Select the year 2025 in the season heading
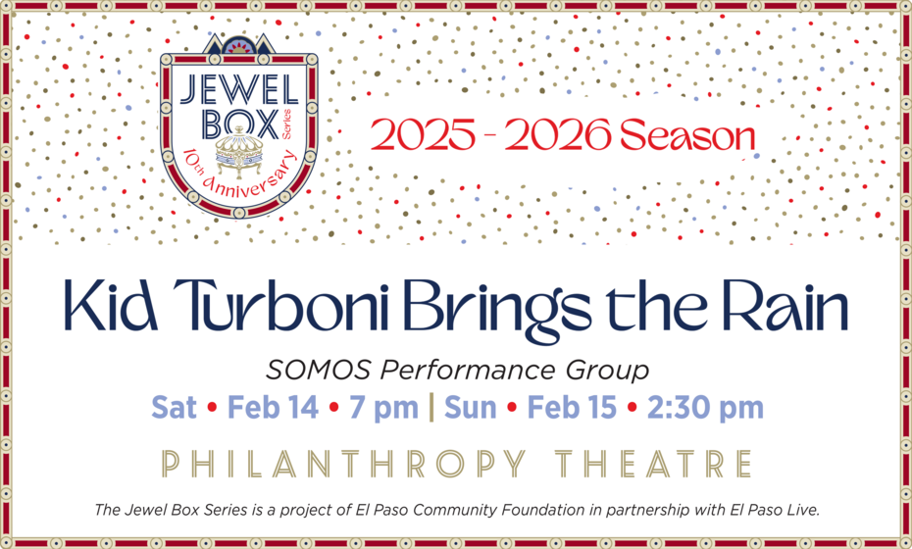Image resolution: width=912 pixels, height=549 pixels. coord(423,135)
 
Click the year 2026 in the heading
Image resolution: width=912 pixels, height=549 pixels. coord(558,135)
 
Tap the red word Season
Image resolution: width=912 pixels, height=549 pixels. coord(687,135)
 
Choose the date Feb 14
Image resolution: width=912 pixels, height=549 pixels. coord(273,407)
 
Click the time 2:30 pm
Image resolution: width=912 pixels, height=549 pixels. coord(705,408)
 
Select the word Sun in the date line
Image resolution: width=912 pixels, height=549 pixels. coord(470,408)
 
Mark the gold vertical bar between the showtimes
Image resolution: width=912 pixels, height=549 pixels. coord(431,407)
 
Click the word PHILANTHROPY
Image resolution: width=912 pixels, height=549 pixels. coord(344,464)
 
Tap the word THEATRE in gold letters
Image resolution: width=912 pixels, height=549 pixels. coord(654,464)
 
